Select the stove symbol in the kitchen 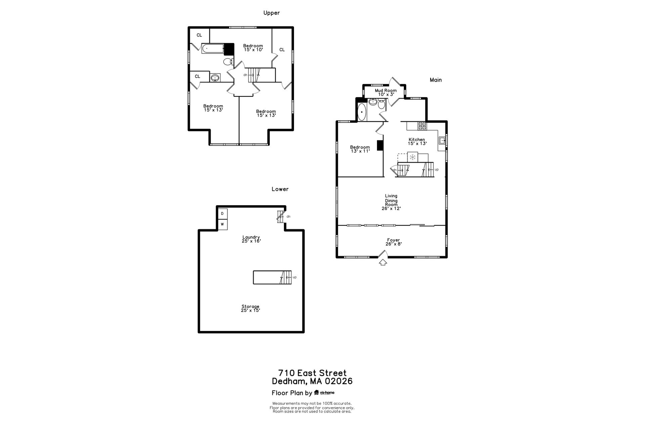tap(422, 126)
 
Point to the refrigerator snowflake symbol tap(413, 157)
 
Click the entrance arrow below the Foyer tap(383, 262)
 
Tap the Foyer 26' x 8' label tap(393, 242)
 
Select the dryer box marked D tap(222, 214)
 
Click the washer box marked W tap(222, 224)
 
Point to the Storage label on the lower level tap(250, 306)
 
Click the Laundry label tap(251, 237)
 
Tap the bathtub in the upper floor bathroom tap(213, 49)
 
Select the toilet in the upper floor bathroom tap(228, 61)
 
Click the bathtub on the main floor tap(362, 112)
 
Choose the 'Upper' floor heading tap(271, 13)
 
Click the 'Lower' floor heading tap(280, 189)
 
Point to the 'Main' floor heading tap(436, 80)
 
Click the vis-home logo tap(324, 392)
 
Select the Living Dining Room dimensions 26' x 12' tap(391, 208)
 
